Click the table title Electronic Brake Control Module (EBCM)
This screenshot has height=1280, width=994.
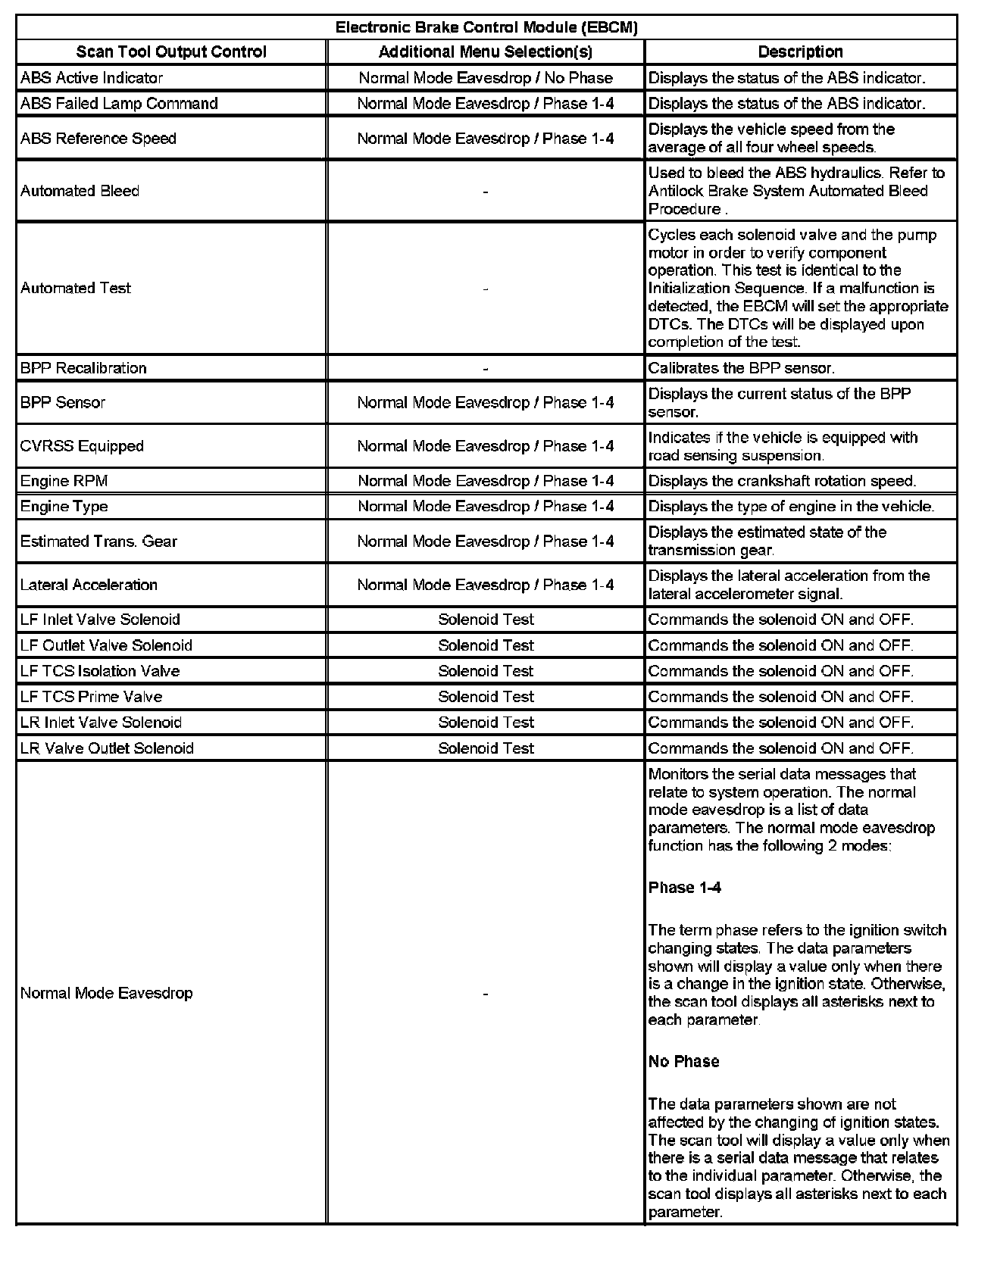tap(486, 28)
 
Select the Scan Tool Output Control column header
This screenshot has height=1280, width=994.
tap(171, 52)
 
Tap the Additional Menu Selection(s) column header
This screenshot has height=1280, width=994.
tap(485, 52)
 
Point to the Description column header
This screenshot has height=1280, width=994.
tap(800, 52)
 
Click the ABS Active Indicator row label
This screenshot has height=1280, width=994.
tap(92, 78)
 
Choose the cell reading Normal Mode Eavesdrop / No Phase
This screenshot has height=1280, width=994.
tap(485, 78)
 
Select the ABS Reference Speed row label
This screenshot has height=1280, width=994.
tap(98, 139)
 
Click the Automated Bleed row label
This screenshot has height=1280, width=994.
tap(80, 191)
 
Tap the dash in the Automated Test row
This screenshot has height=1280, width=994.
tap(485, 289)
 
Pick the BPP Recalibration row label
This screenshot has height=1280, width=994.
tap(83, 369)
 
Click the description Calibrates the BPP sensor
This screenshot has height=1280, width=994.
tap(741, 369)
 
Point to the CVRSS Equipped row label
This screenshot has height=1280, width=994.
tap(82, 446)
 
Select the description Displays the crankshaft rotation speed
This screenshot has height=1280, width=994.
tap(782, 481)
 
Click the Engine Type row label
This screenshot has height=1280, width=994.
tap(64, 507)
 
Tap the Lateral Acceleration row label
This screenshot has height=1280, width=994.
tap(89, 585)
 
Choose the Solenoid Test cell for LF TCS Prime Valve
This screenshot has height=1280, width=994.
tap(486, 697)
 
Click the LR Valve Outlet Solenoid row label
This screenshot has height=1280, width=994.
tap(107, 748)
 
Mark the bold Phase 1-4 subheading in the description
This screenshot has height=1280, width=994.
tap(685, 888)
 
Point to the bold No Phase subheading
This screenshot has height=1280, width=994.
tap(683, 1062)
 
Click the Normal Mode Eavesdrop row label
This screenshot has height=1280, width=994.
tap(106, 994)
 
